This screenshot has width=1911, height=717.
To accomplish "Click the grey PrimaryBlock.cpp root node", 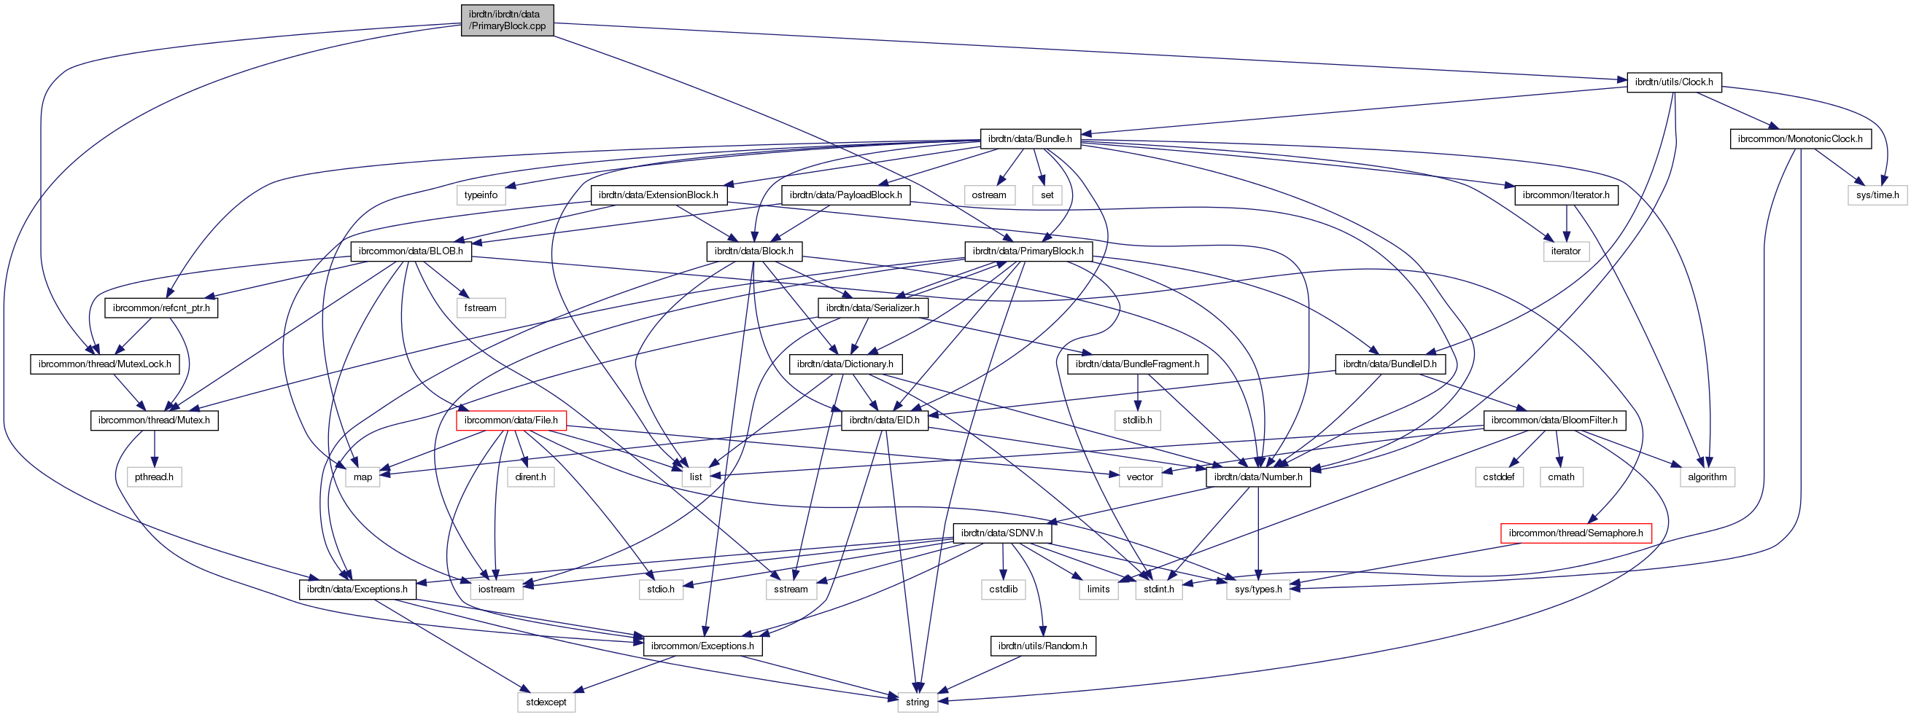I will (x=507, y=20).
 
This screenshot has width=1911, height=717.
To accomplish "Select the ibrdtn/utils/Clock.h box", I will (x=1674, y=82).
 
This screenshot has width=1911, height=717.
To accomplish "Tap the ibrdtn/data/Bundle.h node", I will (x=1031, y=138).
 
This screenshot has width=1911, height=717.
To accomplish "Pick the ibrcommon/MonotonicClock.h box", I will (x=1799, y=138).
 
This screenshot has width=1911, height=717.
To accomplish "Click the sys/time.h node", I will (x=1877, y=195).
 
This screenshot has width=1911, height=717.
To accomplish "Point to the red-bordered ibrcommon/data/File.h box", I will (x=511, y=420).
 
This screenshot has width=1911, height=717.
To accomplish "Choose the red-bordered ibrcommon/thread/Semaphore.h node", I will (x=1575, y=533).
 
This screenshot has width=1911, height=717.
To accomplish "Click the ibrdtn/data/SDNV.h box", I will (x=1001, y=533).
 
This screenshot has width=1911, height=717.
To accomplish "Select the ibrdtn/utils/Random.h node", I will (x=1042, y=646).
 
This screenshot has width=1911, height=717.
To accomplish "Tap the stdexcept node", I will (x=546, y=702).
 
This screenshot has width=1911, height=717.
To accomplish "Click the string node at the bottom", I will (x=917, y=702).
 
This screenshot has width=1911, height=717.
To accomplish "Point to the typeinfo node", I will (x=481, y=195).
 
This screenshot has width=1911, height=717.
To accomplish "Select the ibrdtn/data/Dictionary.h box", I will (x=845, y=364).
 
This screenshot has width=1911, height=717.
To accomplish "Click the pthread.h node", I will (x=155, y=477).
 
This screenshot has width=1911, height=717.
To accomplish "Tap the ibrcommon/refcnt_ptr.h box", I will (x=161, y=307).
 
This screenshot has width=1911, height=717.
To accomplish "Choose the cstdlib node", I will (x=1003, y=589).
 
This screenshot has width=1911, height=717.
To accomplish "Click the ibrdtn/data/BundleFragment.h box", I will (x=1137, y=364).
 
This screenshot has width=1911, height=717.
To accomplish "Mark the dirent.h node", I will (x=530, y=477).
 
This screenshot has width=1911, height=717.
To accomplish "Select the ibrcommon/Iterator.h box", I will (x=1566, y=195).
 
